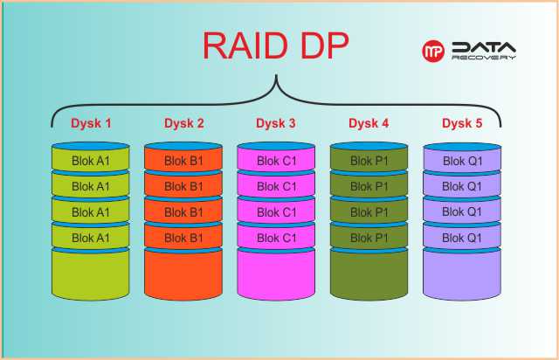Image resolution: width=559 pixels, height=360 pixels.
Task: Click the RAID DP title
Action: tap(275, 45)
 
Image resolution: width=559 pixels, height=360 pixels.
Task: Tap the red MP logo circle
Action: tap(434, 52)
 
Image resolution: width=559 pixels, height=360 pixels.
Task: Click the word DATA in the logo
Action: tap(483, 47)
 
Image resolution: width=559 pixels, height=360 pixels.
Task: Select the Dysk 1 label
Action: tap(91, 123)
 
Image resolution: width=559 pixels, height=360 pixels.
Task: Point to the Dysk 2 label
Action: tap(183, 123)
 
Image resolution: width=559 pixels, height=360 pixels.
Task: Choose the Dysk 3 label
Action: tap(276, 123)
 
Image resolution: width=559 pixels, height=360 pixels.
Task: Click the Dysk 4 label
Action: tap(369, 123)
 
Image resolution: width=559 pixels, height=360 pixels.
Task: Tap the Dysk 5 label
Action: tap(461, 123)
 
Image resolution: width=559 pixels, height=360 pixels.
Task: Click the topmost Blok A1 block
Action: tap(91, 161)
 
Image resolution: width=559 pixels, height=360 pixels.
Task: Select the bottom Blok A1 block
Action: tap(91, 238)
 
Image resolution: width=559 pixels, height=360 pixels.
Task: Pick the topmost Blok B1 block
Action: tap(183, 161)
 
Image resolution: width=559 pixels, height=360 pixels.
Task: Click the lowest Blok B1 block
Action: tap(183, 238)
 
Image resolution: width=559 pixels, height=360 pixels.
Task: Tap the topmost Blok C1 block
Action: tap(276, 161)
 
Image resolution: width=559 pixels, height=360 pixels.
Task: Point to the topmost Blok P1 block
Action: tap(369, 161)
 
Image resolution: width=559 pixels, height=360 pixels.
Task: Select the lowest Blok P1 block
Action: tap(369, 238)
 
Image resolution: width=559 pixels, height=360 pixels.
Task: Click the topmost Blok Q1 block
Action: tap(461, 161)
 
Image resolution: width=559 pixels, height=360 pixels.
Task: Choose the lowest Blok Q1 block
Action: tap(461, 238)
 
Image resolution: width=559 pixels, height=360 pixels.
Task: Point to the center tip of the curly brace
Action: tap(276, 78)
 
